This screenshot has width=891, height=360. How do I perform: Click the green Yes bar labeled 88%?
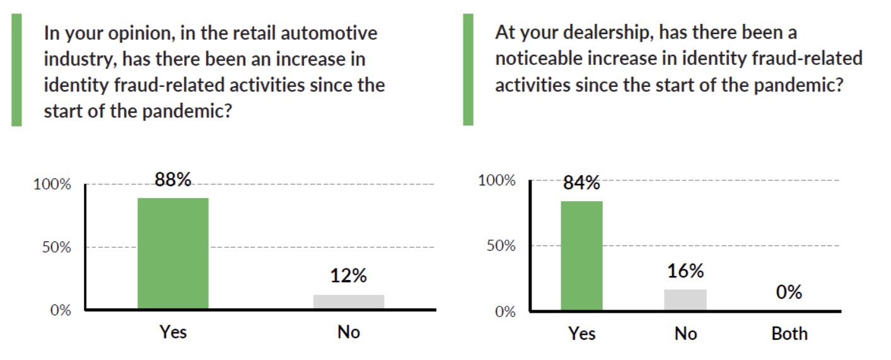(x=173, y=253)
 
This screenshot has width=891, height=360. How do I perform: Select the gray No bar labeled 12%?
(x=349, y=302)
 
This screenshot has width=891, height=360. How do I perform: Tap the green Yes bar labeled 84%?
(x=581, y=255)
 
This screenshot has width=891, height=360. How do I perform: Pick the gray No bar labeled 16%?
(x=685, y=299)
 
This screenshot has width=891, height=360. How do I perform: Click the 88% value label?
(x=173, y=180)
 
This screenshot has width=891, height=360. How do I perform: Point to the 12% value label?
(x=349, y=276)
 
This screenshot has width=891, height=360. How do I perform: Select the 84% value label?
(x=581, y=183)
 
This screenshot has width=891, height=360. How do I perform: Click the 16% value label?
(x=685, y=271)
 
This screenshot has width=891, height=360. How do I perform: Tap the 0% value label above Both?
(x=789, y=293)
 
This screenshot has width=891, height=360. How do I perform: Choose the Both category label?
(x=789, y=333)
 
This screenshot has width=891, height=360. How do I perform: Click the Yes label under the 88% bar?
(x=173, y=331)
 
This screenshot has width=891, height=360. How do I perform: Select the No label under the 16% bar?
(x=685, y=333)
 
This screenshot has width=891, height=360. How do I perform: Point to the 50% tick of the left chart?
(x=57, y=247)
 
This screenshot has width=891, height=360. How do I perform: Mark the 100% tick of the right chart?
(x=497, y=181)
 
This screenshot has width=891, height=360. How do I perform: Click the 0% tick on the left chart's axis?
(x=61, y=310)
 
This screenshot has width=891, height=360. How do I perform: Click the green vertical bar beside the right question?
(x=468, y=69)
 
